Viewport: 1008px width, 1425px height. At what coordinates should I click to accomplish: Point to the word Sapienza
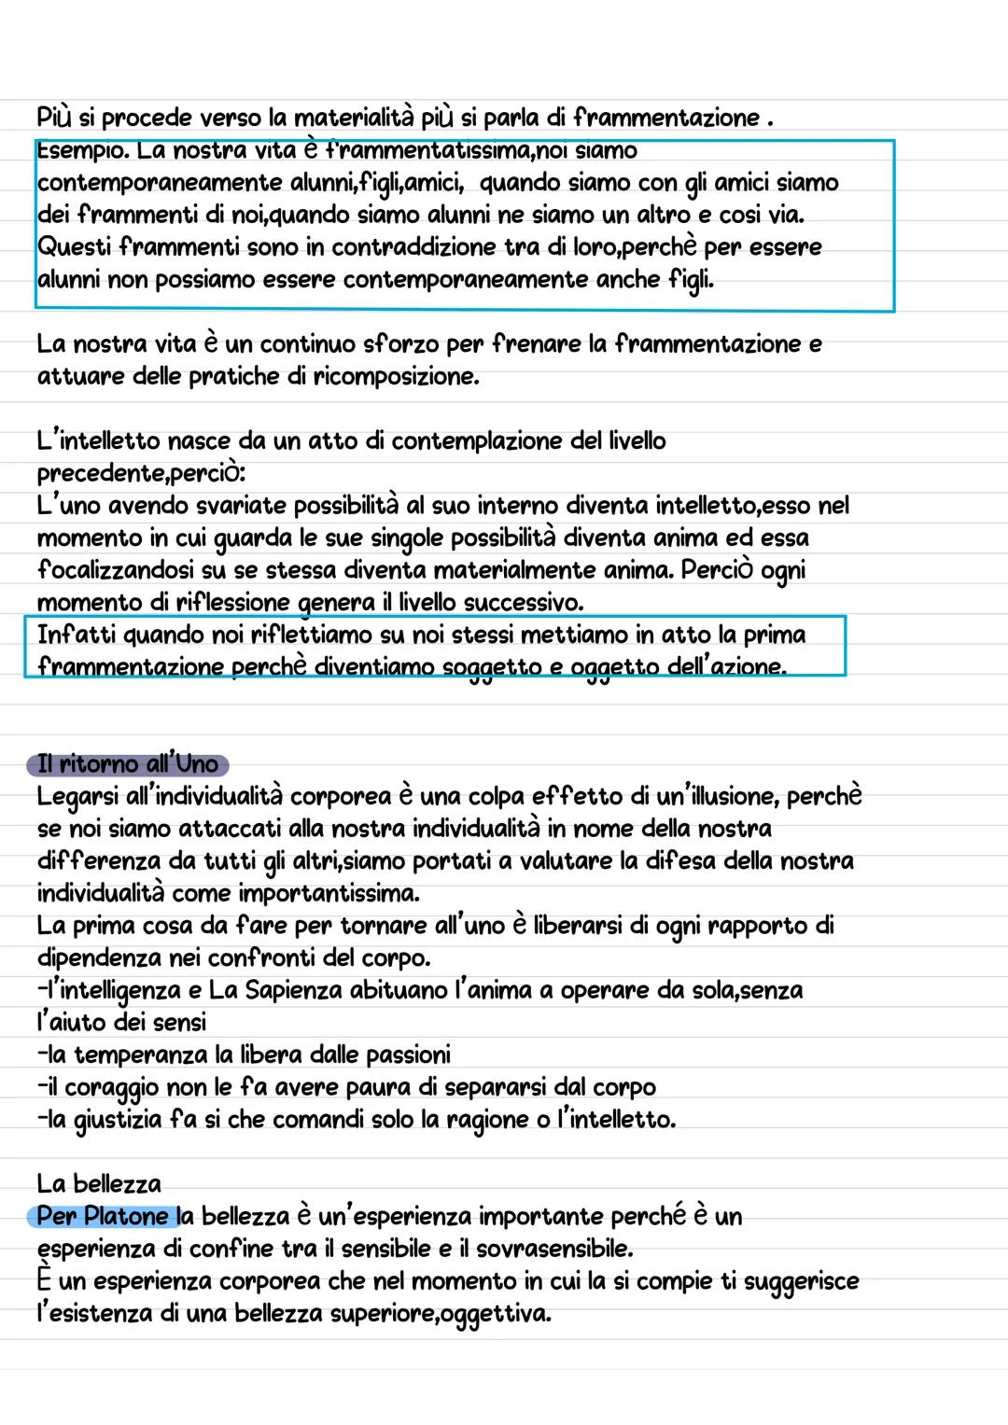tap(293, 990)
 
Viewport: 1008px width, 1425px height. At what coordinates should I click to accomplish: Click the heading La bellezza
tap(99, 1184)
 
